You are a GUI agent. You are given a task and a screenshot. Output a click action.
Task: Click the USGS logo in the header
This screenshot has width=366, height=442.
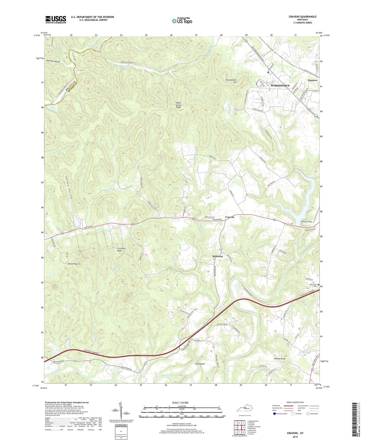(x=56, y=19)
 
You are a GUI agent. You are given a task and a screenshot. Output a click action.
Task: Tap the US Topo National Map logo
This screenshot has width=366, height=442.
(x=182, y=21)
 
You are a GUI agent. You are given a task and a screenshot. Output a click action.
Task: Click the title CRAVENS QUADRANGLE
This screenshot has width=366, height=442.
(x=302, y=17)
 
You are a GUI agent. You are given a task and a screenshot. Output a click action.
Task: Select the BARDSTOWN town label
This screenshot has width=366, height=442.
(x=280, y=86)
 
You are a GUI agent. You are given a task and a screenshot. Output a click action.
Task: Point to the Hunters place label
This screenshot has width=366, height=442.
(x=312, y=80)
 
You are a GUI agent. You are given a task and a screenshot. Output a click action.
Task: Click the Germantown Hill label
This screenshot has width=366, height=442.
(x=231, y=81)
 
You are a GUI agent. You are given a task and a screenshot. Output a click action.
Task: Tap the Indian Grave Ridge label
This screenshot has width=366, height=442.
(x=179, y=105)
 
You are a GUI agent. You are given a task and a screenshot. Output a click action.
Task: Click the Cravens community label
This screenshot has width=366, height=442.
(x=230, y=217)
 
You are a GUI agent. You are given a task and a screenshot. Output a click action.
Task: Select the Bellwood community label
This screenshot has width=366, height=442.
(x=217, y=256)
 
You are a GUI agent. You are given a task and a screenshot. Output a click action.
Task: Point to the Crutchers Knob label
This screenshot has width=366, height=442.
(x=122, y=250)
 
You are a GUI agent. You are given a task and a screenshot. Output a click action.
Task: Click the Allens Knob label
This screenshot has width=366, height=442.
(x=72, y=264)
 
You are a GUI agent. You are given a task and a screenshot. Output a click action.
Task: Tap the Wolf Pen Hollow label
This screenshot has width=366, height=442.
(x=53, y=61)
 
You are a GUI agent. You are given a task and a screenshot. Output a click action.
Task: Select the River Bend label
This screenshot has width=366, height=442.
(x=200, y=364)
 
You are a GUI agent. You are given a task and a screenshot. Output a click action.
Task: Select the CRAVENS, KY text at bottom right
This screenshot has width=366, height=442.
(x=295, y=433)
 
